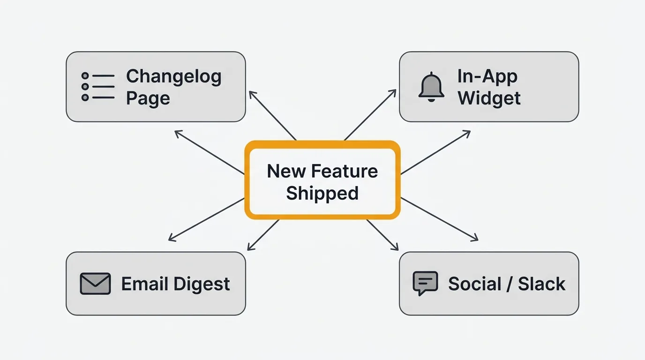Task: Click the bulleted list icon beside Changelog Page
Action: coord(98,87)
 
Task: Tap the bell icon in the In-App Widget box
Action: coord(431,87)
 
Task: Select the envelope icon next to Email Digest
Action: coord(95,284)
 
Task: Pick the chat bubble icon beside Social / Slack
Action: coord(425,283)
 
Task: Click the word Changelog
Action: coord(173,76)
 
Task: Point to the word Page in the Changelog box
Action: coord(148,98)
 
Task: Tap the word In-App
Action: coord(487,76)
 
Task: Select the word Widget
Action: coord(489,98)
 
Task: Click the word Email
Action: coord(145,284)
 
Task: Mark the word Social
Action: coord(475,284)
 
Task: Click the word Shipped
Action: coord(322,193)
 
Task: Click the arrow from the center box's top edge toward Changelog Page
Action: coord(272,115)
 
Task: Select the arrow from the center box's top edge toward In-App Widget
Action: coord(370,115)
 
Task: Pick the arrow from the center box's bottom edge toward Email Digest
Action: coord(263,235)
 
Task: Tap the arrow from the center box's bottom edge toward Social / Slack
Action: coord(382,235)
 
